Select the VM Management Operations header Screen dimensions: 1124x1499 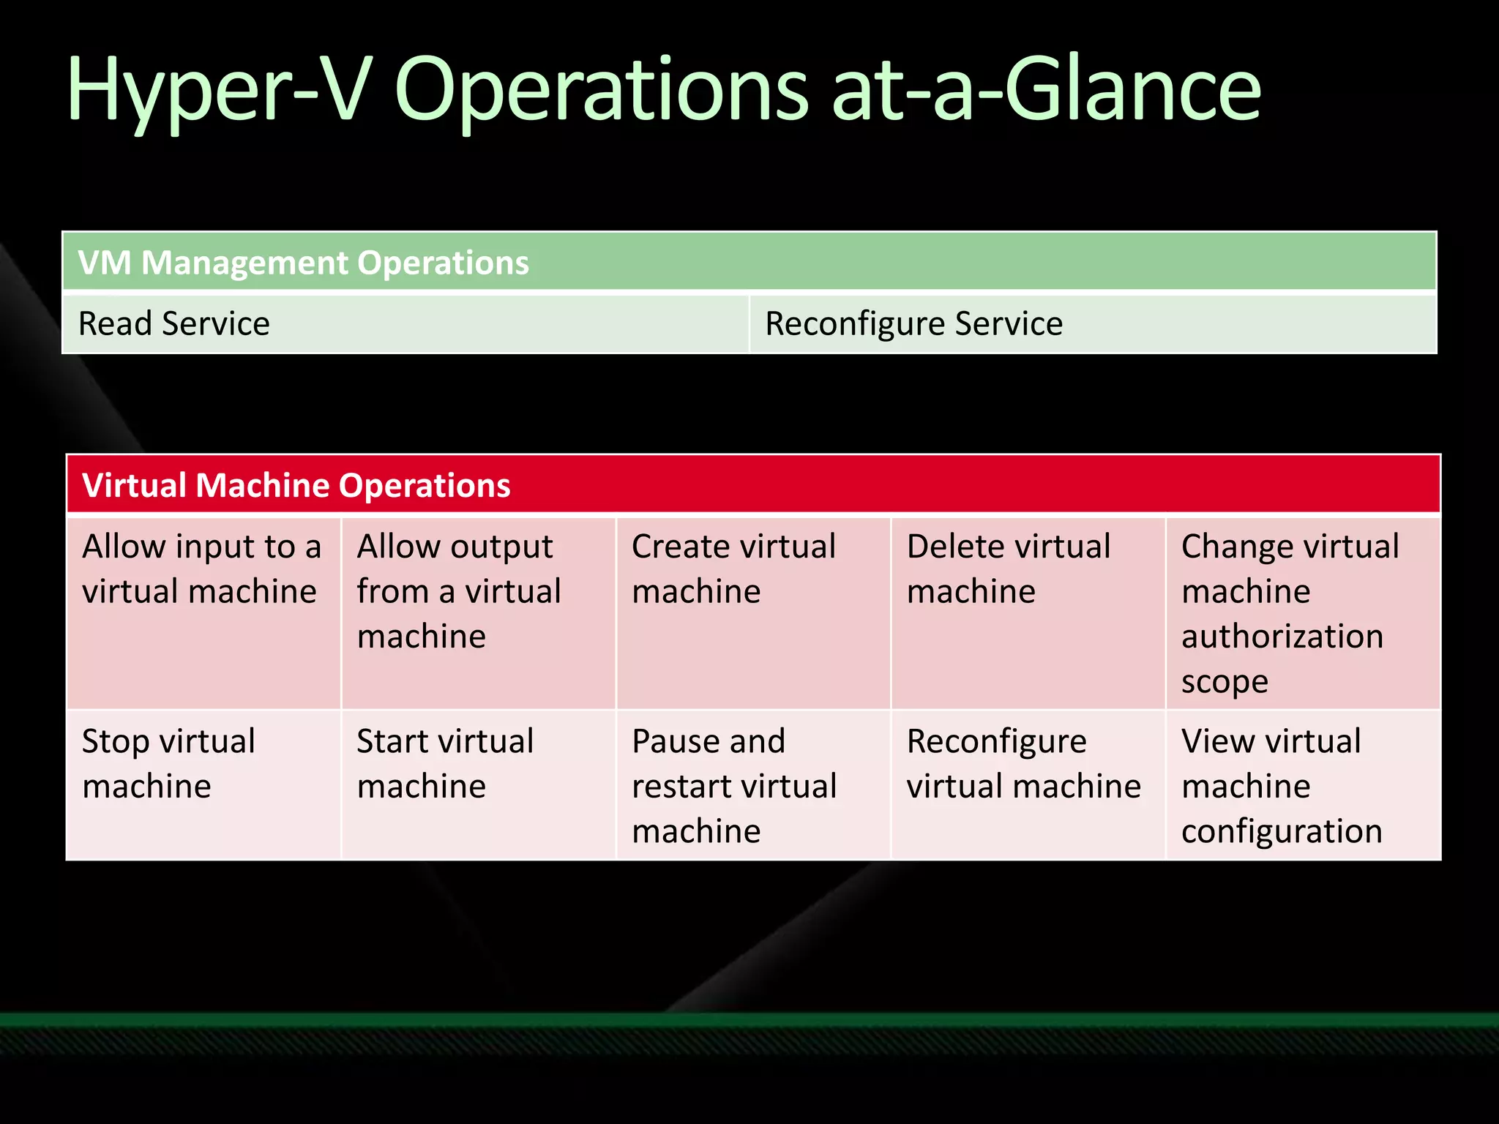[303, 263]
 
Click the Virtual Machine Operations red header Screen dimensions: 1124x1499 [296, 485]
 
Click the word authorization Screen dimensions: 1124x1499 [1282, 637]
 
